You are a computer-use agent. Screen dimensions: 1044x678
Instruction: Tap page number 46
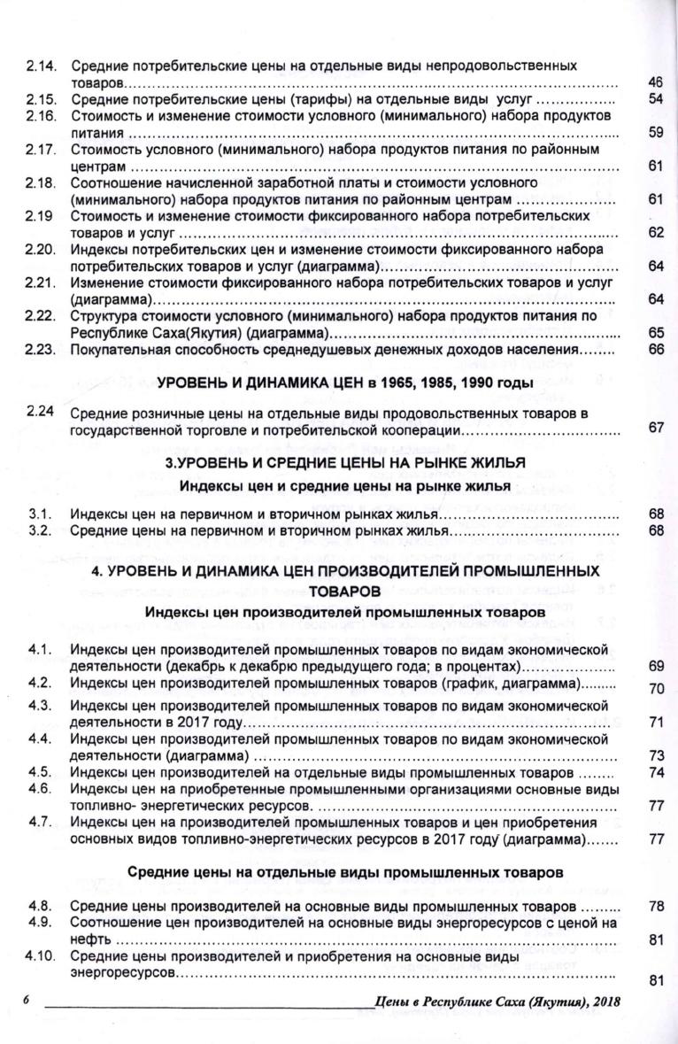pos(655,82)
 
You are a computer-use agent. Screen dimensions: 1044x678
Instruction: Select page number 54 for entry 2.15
pos(655,98)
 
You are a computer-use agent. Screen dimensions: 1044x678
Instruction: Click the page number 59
pos(655,132)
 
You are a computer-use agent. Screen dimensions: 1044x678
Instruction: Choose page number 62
pos(655,233)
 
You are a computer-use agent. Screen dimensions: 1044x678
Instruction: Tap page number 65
pos(655,333)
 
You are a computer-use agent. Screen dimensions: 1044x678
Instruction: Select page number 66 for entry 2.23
pos(655,350)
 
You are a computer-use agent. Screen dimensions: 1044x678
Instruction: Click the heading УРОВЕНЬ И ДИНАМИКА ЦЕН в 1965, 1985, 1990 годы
pos(345,383)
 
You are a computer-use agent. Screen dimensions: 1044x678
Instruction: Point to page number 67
pos(655,429)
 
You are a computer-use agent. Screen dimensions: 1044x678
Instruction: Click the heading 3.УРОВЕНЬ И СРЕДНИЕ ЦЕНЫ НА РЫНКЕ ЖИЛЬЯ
pos(346,463)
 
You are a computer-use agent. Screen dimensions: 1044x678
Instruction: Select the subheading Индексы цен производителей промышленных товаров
pos(346,611)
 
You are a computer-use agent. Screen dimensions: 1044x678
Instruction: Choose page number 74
pos(655,772)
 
